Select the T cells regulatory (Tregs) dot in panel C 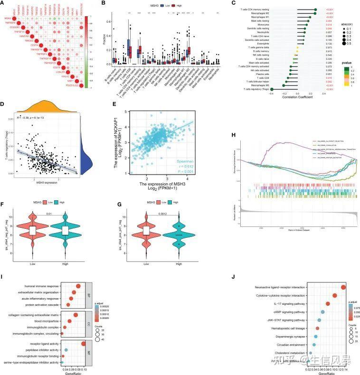pyautogui.click(x=277, y=89)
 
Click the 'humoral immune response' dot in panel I pyautogui.click(x=78, y=286)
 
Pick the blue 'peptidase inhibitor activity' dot pyautogui.click(x=66, y=350)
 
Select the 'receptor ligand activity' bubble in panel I pyautogui.click(x=84, y=344)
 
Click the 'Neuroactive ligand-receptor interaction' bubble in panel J pyautogui.click(x=343, y=287)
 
